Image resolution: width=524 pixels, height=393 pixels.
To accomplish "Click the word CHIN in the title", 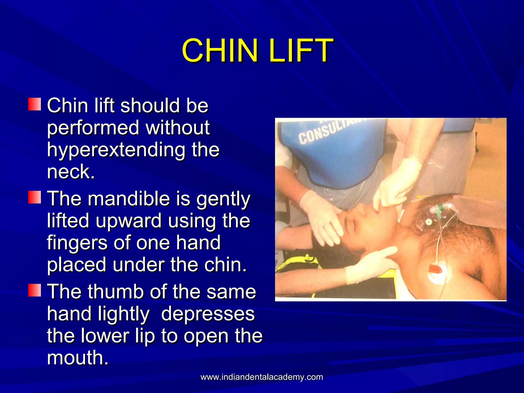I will pyautogui.click(x=220, y=50).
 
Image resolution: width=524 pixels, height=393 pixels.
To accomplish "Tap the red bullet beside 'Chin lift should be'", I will pyautogui.click(x=35, y=104).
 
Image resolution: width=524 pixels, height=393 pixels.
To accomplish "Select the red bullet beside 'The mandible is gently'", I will pyautogui.click(x=35, y=197).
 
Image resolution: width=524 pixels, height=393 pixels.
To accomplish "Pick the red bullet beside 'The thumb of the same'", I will pyautogui.click(x=35, y=290).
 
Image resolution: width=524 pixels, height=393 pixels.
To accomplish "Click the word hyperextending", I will pyautogui.click(x=116, y=150).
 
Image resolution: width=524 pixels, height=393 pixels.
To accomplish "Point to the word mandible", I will pyautogui.click(x=129, y=199).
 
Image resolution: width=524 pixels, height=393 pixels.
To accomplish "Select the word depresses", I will pyautogui.click(x=208, y=314).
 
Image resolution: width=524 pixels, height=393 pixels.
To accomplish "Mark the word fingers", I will pyautogui.click(x=77, y=243).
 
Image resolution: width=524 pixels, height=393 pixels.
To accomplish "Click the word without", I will pyautogui.click(x=178, y=128).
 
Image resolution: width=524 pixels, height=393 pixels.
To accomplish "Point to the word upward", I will pyautogui.click(x=129, y=221).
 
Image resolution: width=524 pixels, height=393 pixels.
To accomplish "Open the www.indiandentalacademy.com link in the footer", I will pyautogui.click(x=262, y=377).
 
